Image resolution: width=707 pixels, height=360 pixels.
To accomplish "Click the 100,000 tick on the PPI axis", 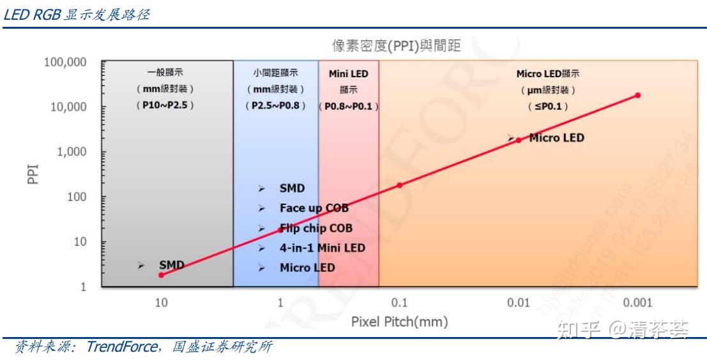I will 65,62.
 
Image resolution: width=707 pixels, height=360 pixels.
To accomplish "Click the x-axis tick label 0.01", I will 518,303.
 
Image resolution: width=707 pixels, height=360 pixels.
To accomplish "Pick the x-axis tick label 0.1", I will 399,303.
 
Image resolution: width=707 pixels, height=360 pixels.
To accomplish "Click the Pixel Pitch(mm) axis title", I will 399,322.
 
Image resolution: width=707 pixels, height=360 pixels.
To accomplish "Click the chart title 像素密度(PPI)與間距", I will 396,46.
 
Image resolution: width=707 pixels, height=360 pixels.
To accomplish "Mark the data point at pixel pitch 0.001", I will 637,95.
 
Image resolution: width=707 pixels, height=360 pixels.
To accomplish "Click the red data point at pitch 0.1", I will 400,185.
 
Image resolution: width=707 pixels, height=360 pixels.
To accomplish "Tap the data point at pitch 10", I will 161,275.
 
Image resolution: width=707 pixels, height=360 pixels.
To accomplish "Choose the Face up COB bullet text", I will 314,208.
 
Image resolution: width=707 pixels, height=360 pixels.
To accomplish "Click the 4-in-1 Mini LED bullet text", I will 322,248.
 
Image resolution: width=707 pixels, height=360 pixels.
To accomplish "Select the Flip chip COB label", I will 315,228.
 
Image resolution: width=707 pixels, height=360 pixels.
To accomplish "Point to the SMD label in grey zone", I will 171,265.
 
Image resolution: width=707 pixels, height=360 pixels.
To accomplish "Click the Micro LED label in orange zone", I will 556,137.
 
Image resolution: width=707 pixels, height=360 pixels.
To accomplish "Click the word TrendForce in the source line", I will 121,347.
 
